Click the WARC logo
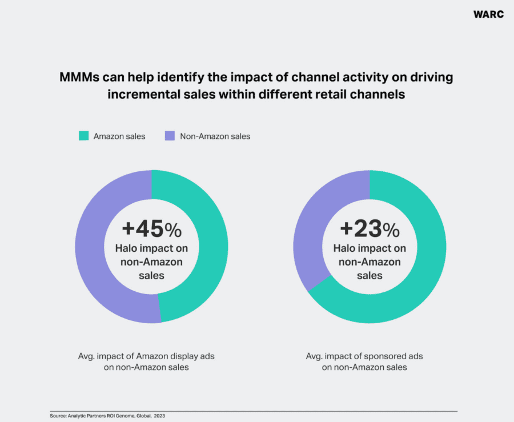coord(488,14)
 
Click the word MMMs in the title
coord(81,78)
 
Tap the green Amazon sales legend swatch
coord(84,136)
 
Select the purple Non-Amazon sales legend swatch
coord(169,136)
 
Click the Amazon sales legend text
coord(119,136)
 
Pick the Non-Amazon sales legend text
coord(215,136)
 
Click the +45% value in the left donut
coord(151,229)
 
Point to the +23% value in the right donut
coord(370,229)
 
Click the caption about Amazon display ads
coord(146,361)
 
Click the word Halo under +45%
coord(127,249)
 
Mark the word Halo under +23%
coord(345,249)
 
